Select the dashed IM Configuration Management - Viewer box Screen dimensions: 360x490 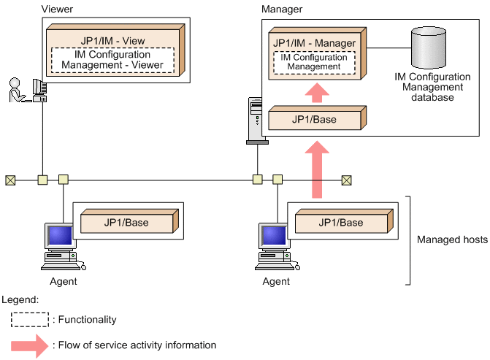(112, 61)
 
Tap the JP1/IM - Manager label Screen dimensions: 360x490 (314, 43)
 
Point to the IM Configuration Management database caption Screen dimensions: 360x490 (427, 87)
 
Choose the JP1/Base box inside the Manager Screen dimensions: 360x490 (315, 119)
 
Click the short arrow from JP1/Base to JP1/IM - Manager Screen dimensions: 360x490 (315, 93)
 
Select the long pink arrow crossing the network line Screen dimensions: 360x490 (315, 169)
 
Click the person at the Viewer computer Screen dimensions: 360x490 (16, 91)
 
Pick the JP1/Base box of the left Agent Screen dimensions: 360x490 (125, 222)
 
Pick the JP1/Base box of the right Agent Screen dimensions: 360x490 (340, 222)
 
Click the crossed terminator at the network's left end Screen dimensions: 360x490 (10, 180)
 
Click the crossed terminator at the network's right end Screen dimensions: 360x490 (347, 180)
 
